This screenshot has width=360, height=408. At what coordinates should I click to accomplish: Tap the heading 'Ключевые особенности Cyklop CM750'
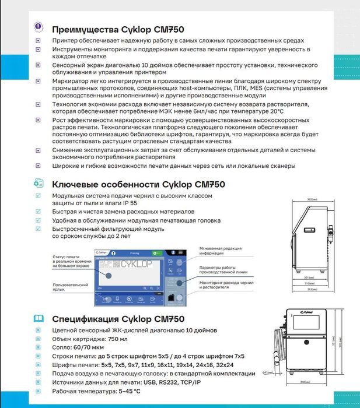tap(138, 185)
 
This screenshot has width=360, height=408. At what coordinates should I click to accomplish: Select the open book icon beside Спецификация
tap(38, 319)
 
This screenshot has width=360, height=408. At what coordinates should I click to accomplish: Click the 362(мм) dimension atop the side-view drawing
tap(311, 200)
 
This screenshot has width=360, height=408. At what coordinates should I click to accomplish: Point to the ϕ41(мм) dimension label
tap(265, 372)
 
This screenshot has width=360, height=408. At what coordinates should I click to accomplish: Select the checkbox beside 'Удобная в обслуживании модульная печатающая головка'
tap(39, 221)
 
